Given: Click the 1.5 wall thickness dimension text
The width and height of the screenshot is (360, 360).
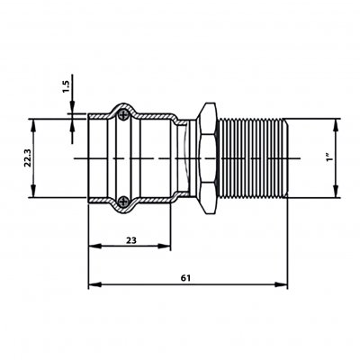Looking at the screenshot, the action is tap(66, 86).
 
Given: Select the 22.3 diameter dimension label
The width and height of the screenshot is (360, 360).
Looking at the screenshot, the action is tap(28, 157).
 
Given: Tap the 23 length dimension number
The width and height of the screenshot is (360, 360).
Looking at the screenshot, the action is tap(131, 240).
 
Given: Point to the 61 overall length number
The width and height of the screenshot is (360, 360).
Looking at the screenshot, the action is tap(185, 278).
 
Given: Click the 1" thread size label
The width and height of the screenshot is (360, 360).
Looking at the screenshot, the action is tap(330, 157).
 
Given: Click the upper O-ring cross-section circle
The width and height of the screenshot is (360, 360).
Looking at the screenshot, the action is tap(123, 115).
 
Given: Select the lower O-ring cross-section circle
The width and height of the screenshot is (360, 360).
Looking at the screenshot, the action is tap(123, 202).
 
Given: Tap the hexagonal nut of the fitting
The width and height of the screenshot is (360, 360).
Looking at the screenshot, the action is tap(208, 158).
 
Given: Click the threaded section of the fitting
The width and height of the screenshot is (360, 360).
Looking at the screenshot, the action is tap(252, 158).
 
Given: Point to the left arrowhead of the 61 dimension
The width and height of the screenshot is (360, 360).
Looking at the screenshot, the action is tap(94, 284).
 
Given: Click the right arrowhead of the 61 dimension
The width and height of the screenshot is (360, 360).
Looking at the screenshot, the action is tap(281, 284).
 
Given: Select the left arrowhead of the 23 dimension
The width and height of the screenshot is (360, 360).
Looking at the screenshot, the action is tap(94, 247).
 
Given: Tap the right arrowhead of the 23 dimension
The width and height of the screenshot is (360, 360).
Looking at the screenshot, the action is tap(164, 247).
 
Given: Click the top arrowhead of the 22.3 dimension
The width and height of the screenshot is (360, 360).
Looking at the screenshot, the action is tap(33, 125).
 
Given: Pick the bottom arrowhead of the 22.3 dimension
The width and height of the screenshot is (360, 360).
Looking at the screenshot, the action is tap(33, 192).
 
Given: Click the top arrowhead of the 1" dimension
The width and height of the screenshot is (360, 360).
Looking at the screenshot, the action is tap(336, 125).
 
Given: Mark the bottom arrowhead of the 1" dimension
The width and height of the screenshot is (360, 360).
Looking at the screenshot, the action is tap(336, 192).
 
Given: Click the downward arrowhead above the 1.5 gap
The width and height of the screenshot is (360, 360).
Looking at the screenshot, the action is tap(72, 107).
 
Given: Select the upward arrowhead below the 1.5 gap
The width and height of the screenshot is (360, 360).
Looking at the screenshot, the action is tap(72, 126).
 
